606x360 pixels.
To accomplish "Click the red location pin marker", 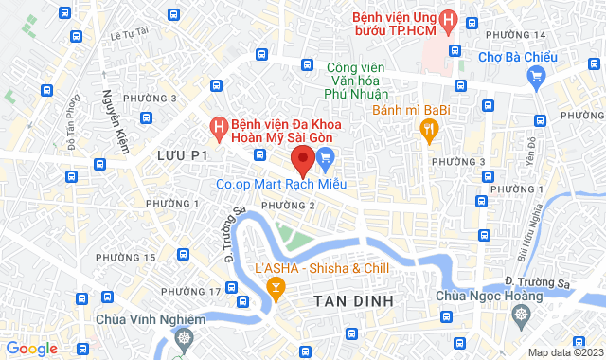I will (x=302, y=160).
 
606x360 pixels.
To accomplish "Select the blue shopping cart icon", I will (x=327, y=157).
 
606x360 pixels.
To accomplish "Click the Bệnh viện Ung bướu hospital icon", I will (x=452, y=19).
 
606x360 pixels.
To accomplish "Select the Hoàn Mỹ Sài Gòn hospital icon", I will (x=218, y=125).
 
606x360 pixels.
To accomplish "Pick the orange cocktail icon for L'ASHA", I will (x=276, y=287).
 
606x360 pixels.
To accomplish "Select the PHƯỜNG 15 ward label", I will (x=125, y=258).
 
